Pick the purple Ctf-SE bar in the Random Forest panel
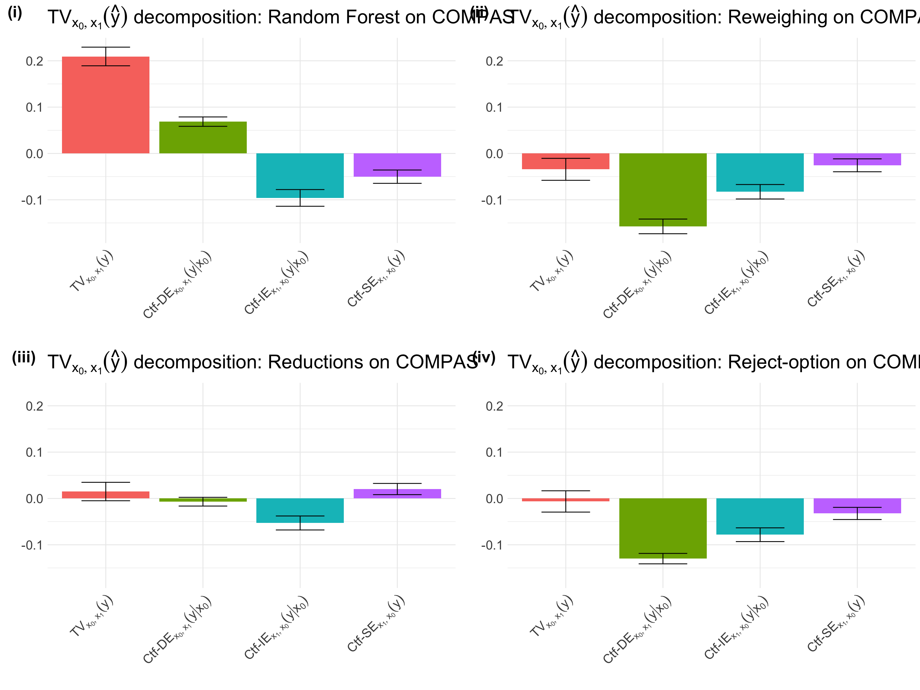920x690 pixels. (x=397, y=165)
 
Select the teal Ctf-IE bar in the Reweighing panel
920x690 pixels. (x=760, y=172)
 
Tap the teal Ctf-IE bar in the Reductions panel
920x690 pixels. (x=300, y=510)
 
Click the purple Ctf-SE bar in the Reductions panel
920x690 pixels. (x=397, y=494)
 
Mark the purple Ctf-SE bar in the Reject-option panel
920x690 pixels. (x=857, y=506)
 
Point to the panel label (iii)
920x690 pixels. (x=24, y=358)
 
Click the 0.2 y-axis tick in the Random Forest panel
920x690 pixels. (x=34, y=61)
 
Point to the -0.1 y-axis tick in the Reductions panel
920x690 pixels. (x=32, y=545)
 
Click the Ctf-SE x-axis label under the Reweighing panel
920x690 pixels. (x=836, y=279)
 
